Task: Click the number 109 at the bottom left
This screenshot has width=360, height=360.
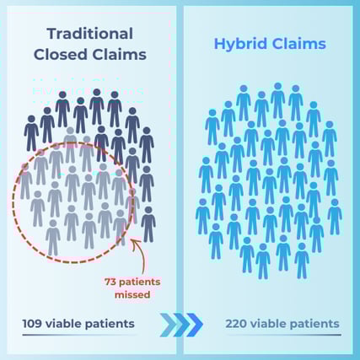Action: [35, 323]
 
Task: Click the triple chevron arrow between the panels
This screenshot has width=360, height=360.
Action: [182, 323]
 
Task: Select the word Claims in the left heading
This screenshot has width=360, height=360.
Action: [118, 55]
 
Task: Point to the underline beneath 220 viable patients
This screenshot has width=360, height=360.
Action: [282, 336]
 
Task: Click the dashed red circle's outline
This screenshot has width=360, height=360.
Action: [13, 202]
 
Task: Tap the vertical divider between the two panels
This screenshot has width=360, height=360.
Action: [180, 169]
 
